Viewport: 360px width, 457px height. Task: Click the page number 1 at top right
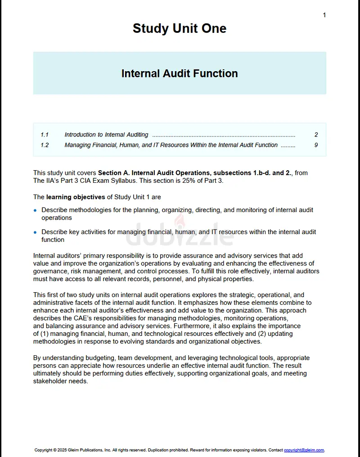(324, 15)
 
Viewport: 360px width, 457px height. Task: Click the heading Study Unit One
(180, 28)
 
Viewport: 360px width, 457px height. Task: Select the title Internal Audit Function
(180, 73)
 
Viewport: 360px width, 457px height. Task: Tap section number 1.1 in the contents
(45, 135)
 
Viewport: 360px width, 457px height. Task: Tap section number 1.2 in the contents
(45, 145)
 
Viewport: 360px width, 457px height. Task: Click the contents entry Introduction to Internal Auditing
(106, 135)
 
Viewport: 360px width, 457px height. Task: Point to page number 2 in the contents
(316, 135)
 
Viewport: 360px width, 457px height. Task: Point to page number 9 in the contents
(316, 145)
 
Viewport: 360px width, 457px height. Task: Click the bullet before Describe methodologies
(36, 210)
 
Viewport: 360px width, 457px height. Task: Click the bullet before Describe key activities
(36, 232)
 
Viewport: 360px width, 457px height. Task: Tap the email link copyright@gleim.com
(304, 450)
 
